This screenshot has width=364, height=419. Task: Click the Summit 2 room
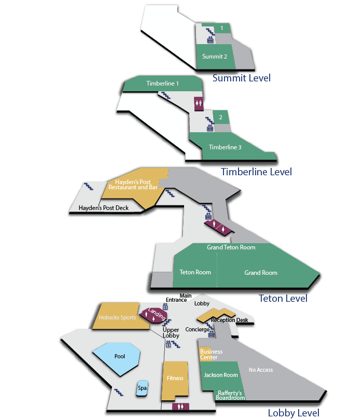(215, 57)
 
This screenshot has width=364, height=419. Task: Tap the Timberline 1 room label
(162, 83)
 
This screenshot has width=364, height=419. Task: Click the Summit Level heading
(241, 78)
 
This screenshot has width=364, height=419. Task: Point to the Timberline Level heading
(256, 172)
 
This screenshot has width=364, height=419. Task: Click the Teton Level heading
(283, 299)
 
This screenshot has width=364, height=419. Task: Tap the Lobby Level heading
(293, 413)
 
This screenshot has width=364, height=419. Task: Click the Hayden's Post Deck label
(103, 208)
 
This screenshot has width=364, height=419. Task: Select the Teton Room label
(195, 272)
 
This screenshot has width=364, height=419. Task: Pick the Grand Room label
(261, 273)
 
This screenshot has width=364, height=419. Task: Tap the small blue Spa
(142, 388)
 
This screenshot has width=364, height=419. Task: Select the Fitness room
(175, 380)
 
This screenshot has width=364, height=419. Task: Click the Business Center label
(211, 354)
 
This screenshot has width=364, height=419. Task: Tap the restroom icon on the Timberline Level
(199, 104)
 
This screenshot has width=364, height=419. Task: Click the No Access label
(261, 370)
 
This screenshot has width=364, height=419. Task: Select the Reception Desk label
(229, 320)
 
